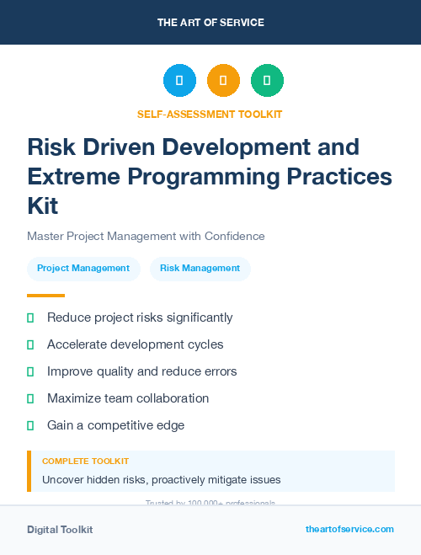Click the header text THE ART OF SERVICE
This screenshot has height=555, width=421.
(210, 23)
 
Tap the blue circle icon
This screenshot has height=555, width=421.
(179, 81)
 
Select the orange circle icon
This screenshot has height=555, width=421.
(223, 81)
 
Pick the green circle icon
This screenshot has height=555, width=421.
(267, 81)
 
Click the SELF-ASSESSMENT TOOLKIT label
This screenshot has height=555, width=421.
(210, 115)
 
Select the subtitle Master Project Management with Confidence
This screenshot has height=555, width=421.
(146, 236)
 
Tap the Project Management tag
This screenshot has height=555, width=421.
(83, 269)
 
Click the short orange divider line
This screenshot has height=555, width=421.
(45, 296)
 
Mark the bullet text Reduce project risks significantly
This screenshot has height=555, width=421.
(140, 318)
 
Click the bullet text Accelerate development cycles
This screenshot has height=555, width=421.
(136, 344)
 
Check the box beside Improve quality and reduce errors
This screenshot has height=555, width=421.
(30, 371)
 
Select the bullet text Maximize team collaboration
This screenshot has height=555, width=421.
(128, 398)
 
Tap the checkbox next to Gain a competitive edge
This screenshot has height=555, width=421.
(30, 425)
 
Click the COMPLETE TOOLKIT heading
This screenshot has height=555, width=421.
(85, 462)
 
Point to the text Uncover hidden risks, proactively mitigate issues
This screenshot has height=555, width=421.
(161, 480)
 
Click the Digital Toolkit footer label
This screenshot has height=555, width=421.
(60, 530)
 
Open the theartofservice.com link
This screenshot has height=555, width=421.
(349, 529)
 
